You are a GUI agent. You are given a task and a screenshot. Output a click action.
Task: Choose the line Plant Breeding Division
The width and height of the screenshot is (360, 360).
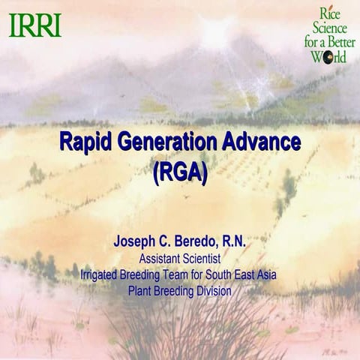point(179,290)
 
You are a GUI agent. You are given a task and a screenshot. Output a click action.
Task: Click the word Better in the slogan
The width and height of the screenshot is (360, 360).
point(339,42)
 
